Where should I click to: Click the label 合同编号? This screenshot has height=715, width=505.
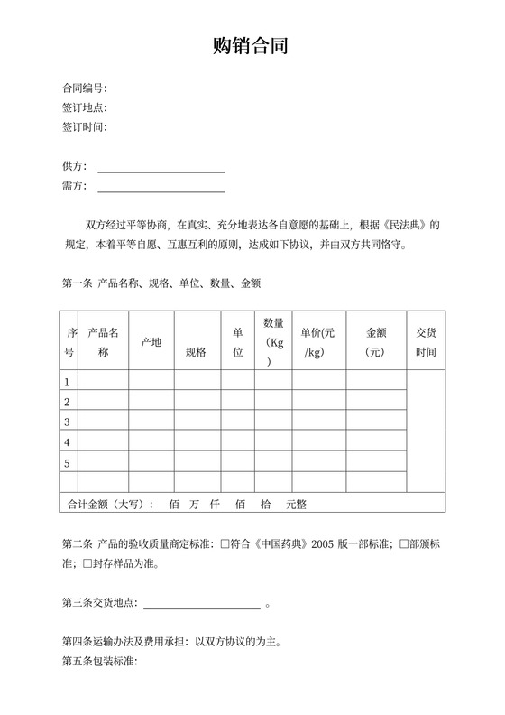(x=84, y=88)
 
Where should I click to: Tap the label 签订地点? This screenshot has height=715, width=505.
(x=84, y=107)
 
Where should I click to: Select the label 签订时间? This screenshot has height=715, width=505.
(x=84, y=127)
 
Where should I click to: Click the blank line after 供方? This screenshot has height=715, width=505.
(x=161, y=168)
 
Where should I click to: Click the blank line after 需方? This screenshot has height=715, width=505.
(x=161, y=188)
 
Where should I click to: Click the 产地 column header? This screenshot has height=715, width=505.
(x=151, y=342)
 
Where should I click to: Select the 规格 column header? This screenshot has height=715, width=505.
(x=196, y=352)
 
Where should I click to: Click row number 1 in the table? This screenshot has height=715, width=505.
(x=67, y=382)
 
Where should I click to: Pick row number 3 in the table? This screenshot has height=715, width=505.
(x=67, y=422)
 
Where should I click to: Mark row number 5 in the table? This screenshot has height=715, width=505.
(x=67, y=463)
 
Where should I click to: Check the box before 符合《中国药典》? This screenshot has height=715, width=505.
(x=225, y=544)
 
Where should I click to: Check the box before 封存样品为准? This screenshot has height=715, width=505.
(x=87, y=564)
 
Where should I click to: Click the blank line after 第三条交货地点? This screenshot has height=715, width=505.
(x=201, y=604)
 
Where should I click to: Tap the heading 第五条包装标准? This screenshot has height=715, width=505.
(x=98, y=663)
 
